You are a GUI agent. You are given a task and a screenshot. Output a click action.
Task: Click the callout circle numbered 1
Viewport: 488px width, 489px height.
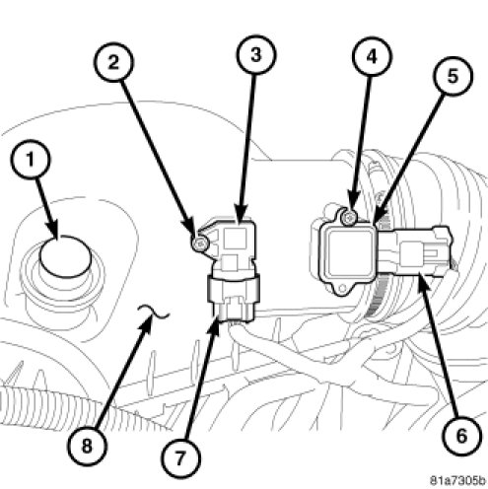click(x=31, y=160)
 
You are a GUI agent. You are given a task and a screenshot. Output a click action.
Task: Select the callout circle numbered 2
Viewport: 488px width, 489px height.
click(x=113, y=62)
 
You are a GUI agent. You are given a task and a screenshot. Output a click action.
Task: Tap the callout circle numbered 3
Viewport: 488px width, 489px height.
click(x=256, y=54)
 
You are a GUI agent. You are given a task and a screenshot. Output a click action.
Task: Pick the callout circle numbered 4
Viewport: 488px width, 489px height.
click(x=372, y=56)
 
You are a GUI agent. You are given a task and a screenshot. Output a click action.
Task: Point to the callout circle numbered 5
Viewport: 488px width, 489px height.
click(x=453, y=76)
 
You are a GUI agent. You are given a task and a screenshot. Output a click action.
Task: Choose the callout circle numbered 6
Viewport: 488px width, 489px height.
click(x=461, y=437)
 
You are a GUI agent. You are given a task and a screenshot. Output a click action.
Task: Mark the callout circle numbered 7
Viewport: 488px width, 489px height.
click(x=180, y=457)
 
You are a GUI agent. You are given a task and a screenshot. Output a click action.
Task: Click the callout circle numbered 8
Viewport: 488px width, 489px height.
click(x=87, y=447)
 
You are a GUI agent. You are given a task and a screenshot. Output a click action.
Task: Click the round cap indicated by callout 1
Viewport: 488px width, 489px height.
click(x=65, y=256)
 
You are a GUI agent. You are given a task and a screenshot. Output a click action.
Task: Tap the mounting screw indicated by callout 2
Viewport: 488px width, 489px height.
click(x=199, y=244)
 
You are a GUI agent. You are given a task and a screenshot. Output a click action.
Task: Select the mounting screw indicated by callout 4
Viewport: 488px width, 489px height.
click(x=349, y=217)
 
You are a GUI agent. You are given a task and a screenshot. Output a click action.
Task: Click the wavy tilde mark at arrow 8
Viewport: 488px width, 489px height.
click(x=154, y=312)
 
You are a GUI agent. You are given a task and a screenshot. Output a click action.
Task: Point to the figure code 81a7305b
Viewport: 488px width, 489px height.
click(x=457, y=481)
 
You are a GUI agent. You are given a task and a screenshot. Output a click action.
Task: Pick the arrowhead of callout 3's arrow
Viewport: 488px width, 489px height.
click(x=242, y=216)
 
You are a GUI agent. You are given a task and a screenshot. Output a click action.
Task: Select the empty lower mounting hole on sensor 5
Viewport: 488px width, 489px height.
click(x=342, y=289)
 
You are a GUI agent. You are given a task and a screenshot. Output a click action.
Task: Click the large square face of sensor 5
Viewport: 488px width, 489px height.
click(x=349, y=252)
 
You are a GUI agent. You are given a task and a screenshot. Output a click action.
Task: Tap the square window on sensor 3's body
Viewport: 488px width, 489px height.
click(x=235, y=239)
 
